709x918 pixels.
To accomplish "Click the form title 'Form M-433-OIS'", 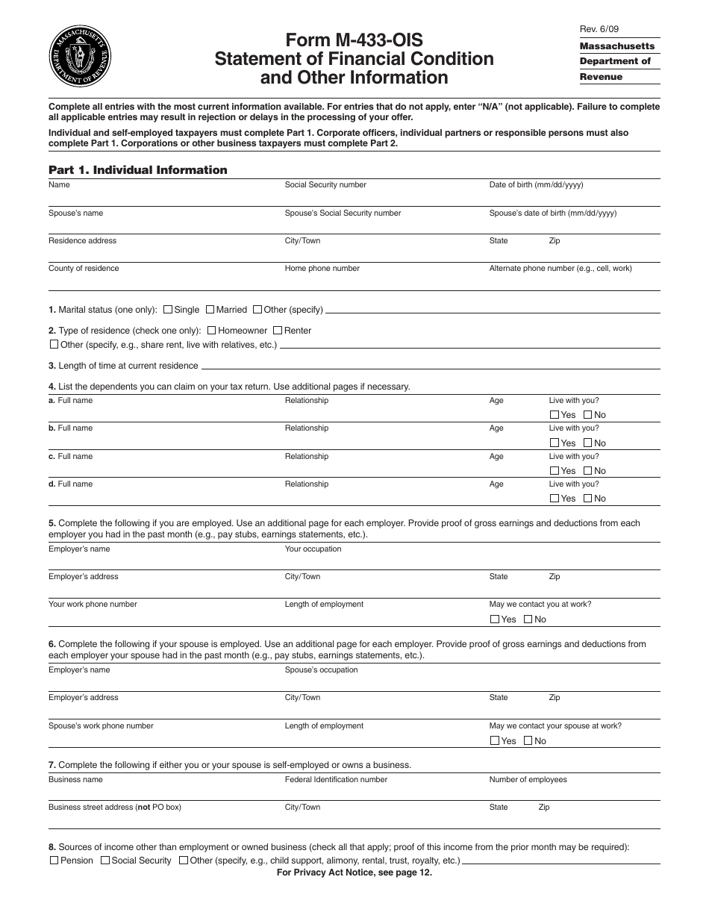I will (x=354, y=40).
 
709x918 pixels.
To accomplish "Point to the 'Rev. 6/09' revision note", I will (x=599, y=29).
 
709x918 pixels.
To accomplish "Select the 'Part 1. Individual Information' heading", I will (x=138, y=170).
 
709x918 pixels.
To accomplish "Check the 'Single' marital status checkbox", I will (x=168, y=310).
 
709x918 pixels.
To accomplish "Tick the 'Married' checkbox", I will (x=210, y=310).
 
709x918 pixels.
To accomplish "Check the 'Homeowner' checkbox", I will (x=212, y=331).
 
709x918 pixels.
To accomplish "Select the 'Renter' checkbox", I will (x=278, y=331).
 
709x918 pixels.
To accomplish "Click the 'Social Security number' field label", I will (x=325, y=185).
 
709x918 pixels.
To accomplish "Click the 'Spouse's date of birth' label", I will (x=552, y=213).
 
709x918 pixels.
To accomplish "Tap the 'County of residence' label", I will (x=84, y=269).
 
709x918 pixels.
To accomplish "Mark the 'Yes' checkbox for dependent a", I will (x=555, y=415).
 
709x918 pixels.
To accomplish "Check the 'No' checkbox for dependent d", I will (x=587, y=499).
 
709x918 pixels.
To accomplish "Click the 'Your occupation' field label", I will (x=313, y=549).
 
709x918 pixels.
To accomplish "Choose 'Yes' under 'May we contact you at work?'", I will (x=495, y=619).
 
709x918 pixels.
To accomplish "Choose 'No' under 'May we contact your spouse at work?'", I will (x=528, y=741).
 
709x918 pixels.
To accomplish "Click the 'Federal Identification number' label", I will (x=336, y=780).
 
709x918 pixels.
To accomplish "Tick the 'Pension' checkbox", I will (x=54, y=861).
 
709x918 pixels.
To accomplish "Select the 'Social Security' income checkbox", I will (x=105, y=861).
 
